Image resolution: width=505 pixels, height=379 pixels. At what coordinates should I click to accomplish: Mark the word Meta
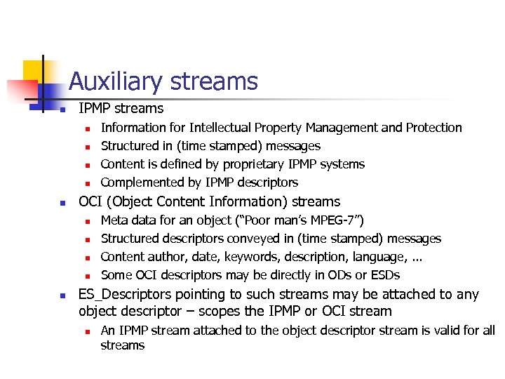pyautogui.click(x=114, y=220)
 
